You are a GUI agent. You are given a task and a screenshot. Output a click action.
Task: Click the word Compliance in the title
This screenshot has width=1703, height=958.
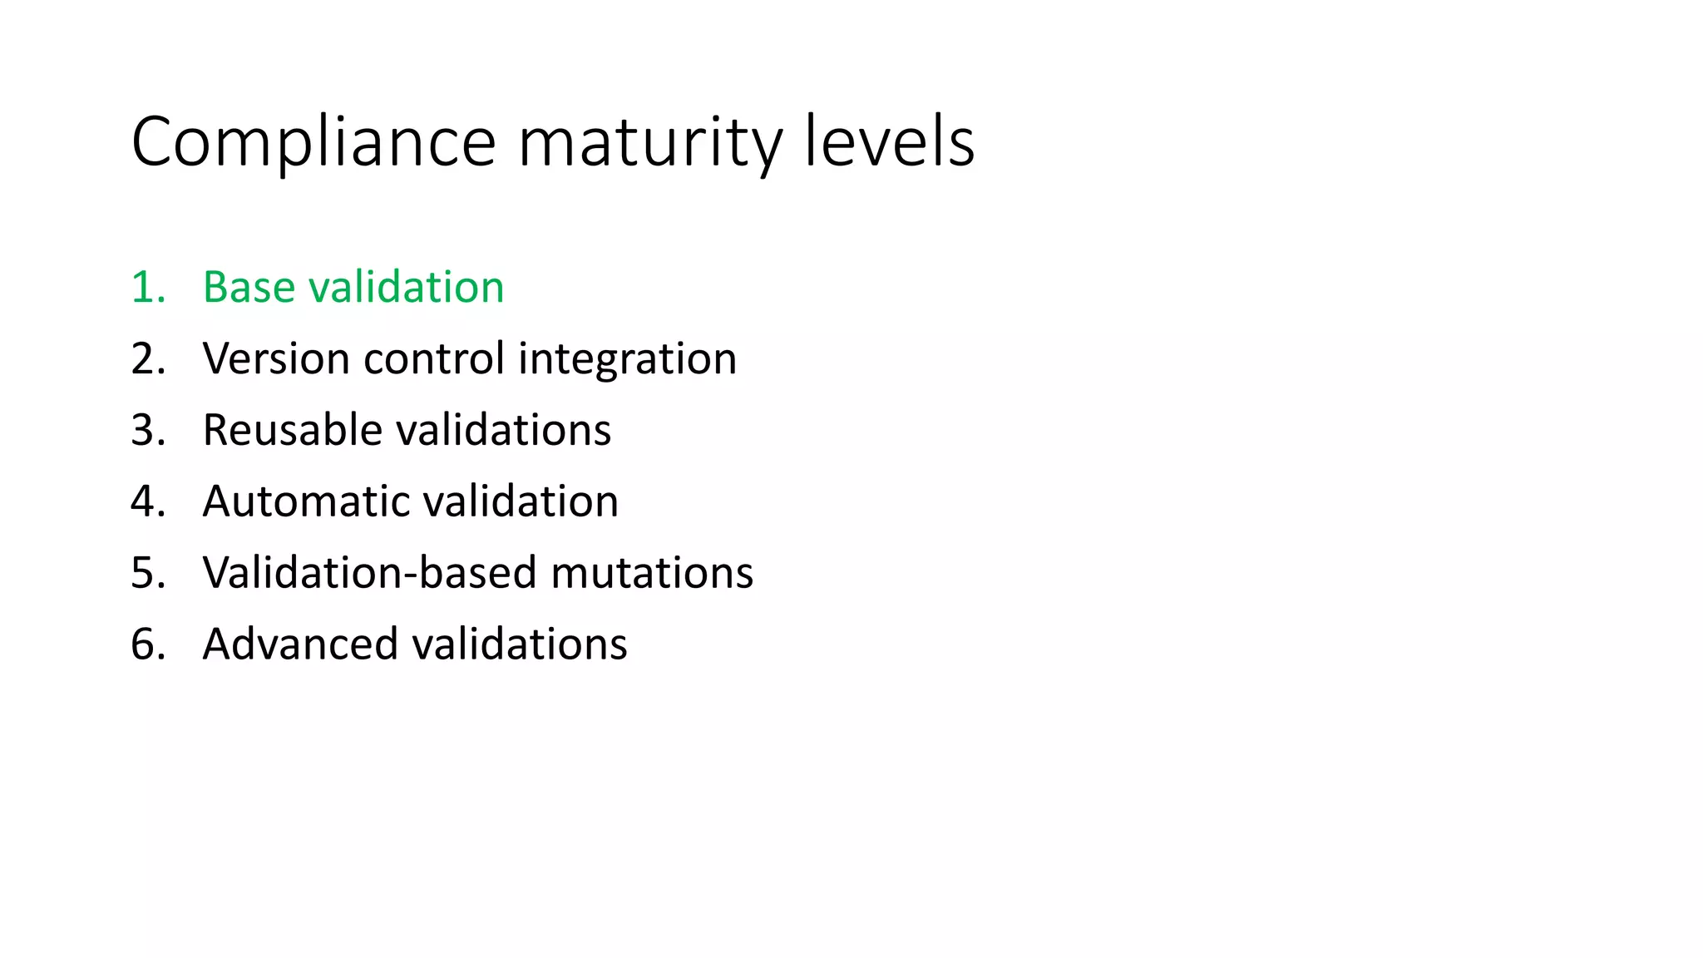pyautogui.click(x=313, y=143)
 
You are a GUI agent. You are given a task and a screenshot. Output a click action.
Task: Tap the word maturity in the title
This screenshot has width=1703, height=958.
pyautogui.click(x=649, y=143)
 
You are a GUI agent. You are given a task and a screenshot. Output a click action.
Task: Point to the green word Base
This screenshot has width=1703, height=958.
pyautogui.click(x=249, y=288)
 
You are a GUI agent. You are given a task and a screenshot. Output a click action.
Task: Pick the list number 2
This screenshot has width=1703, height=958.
pyautogui.click(x=145, y=359)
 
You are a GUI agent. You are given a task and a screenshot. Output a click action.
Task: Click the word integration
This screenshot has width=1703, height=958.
pyautogui.click(x=627, y=359)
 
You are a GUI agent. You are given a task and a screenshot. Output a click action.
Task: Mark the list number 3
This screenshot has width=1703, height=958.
pyautogui.click(x=145, y=431)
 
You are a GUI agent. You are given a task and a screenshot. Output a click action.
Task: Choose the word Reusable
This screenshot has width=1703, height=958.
pyautogui.click(x=292, y=431)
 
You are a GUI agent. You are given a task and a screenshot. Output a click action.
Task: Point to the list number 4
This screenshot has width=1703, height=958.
pyautogui.click(x=145, y=502)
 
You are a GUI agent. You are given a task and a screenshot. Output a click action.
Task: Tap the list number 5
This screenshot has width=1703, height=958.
pyautogui.click(x=145, y=574)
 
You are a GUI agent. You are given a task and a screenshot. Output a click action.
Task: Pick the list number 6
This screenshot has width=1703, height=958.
pyautogui.click(x=145, y=645)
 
